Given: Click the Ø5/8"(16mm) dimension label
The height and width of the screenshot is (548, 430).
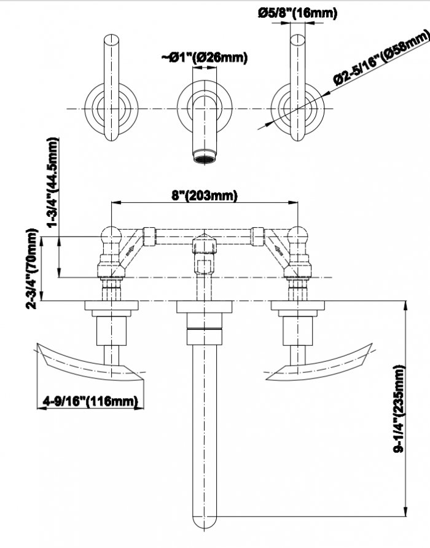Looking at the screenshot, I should (x=297, y=13).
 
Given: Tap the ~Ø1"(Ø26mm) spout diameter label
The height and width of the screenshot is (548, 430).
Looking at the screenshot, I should (x=205, y=58).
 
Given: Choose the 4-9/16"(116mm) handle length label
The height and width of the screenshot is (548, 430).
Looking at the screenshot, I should (x=89, y=401).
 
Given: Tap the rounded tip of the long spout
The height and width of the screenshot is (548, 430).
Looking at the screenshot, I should (x=205, y=522).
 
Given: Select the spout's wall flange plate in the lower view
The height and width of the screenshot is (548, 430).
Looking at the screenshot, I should (x=205, y=307).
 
